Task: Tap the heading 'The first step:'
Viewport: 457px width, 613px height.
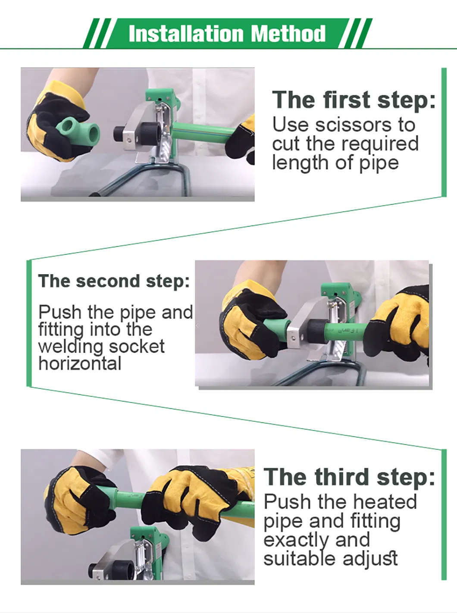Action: pos(354,100)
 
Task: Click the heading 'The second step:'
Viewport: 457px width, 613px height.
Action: pos(114,281)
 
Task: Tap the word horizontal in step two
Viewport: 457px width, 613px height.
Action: pos(80,364)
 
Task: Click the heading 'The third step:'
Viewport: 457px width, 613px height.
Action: pos(349,477)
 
